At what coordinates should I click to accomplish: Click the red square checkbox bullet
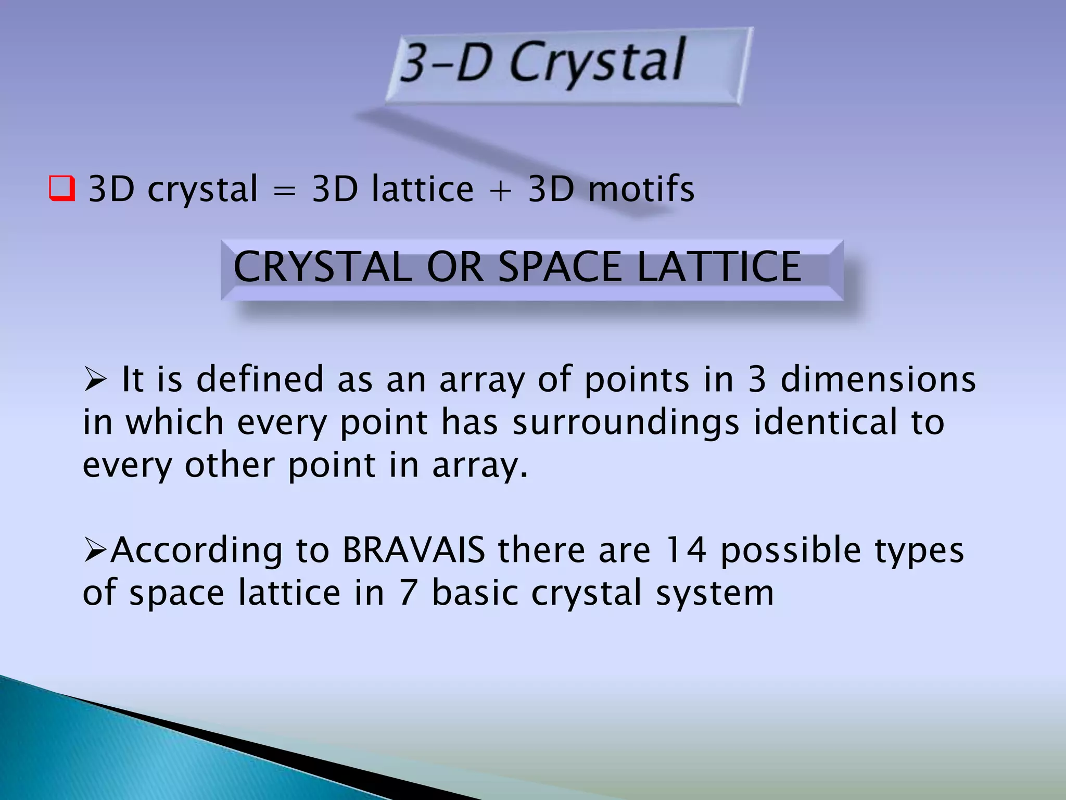pyautogui.click(x=62, y=189)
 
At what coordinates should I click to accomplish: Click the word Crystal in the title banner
pyautogui.click(x=597, y=63)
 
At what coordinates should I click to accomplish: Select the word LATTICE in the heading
pyautogui.click(x=719, y=267)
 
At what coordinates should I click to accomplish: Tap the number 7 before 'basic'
pyautogui.click(x=409, y=593)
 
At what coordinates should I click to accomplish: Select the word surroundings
pyautogui.click(x=626, y=423)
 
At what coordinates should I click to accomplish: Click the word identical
pyautogui.click(x=826, y=422)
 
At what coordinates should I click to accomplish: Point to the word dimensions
pyautogui.click(x=878, y=379)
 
